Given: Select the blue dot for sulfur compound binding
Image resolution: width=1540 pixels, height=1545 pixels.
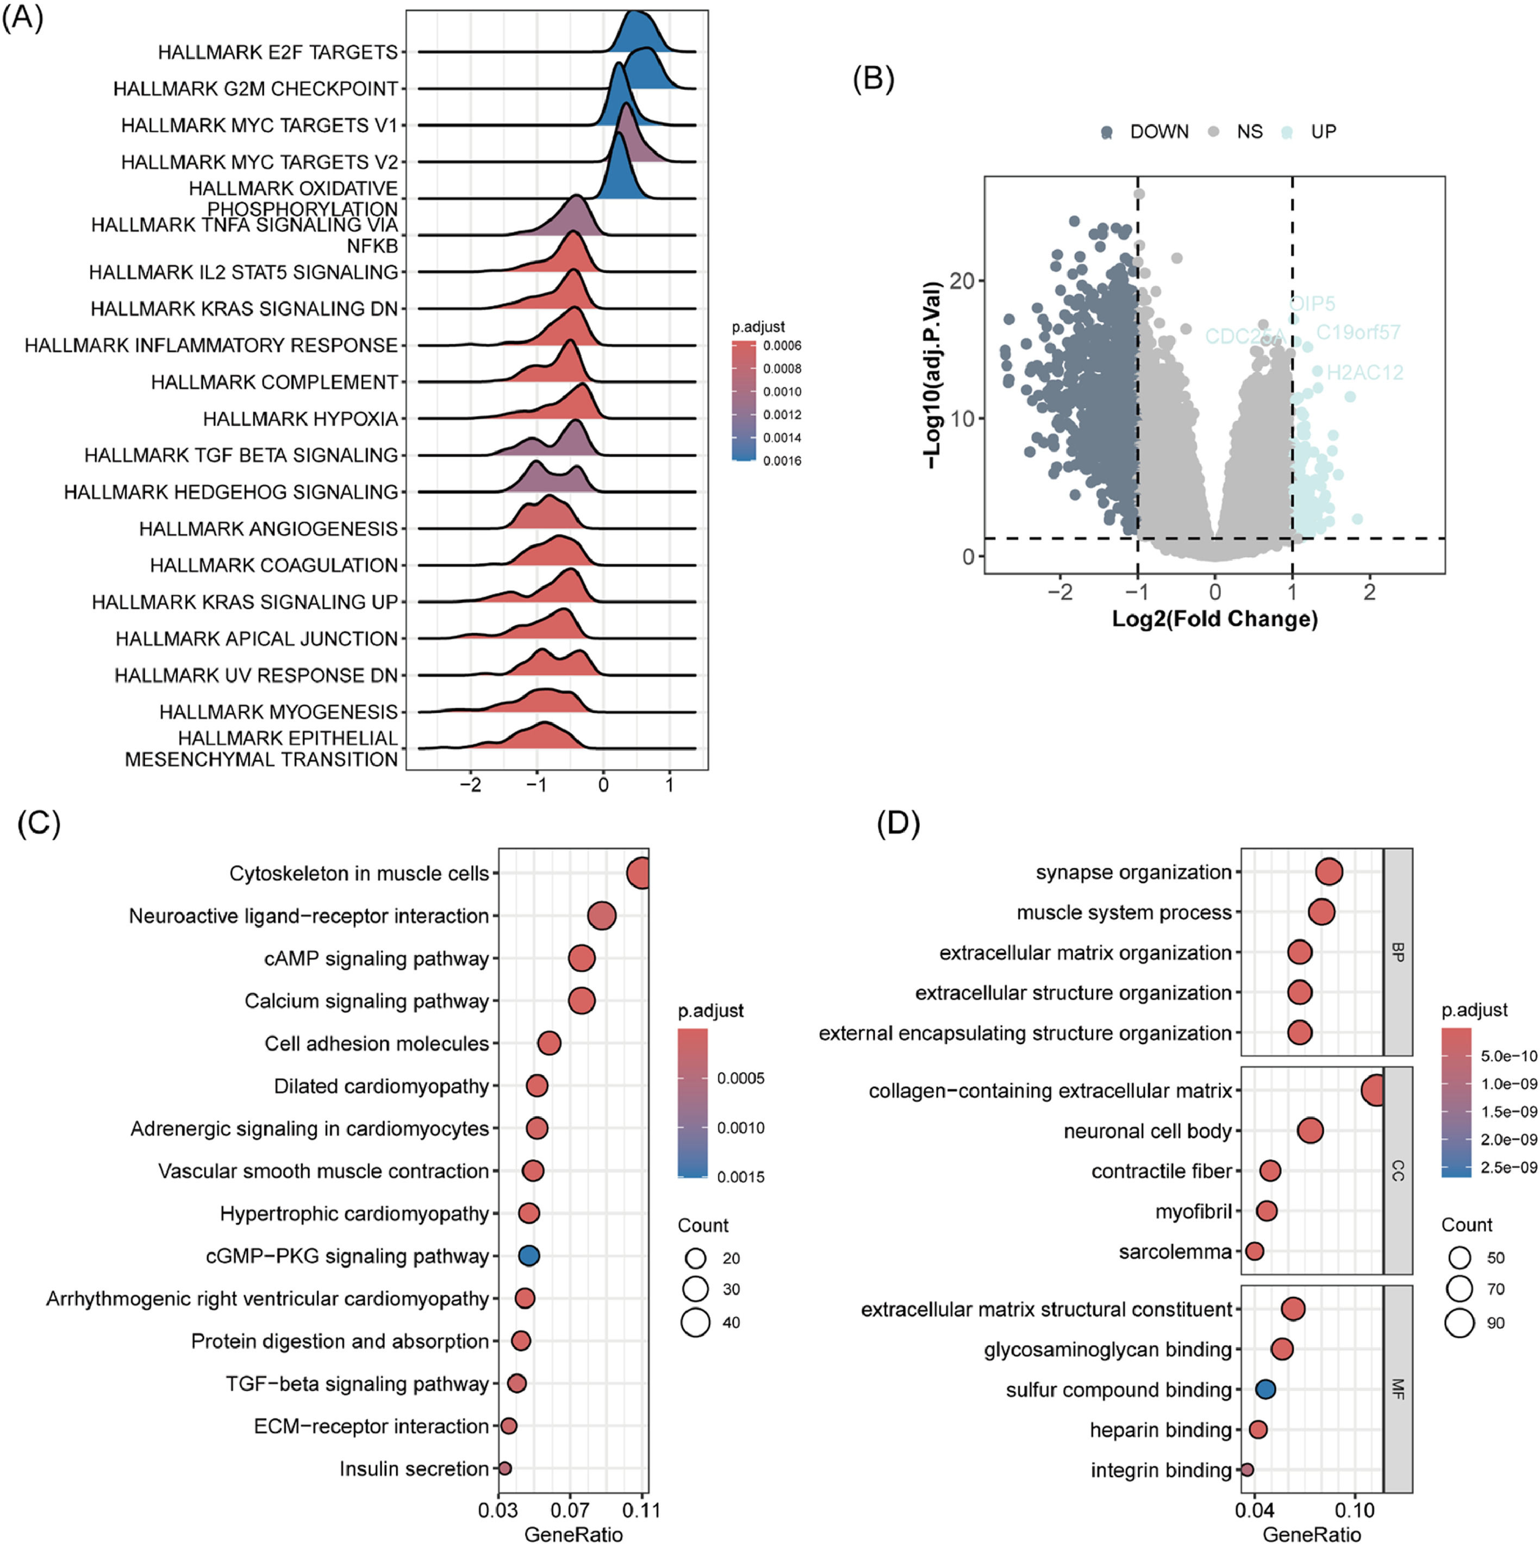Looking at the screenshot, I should pyautogui.click(x=1264, y=1389).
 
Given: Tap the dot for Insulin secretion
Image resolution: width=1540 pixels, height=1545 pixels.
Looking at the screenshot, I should pyautogui.click(x=504, y=1468).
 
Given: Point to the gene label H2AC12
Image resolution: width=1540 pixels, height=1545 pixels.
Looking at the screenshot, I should pyautogui.click(x=1364, y=372).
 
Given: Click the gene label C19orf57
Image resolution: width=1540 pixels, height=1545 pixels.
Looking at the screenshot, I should pyautogui.click(x=1358, y=332).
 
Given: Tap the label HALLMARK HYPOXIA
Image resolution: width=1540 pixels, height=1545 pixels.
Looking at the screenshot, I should pyautogui.click(x=300, y=419).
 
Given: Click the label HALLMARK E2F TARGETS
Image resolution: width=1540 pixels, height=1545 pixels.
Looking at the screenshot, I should pyautogui.click(x=277, y=53).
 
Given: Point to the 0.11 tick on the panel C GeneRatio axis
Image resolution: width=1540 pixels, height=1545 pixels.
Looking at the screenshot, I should pyautogui.click(x=641, y=1510).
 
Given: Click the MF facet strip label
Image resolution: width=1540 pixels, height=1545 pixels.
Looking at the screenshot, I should pyautogui.click(x=1397, y=1388).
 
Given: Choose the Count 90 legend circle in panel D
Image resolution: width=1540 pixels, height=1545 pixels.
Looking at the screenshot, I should pyautogui.click(x=1459, y=1323).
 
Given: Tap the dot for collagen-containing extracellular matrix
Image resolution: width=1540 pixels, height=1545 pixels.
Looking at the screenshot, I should pyautogui.click(x=1375, y=1090).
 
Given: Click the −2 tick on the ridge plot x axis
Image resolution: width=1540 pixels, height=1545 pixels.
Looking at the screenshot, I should pyautogui.click(x=471, y=786).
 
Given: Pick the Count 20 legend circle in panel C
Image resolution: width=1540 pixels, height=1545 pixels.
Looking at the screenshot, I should pyautogui.click(x=696, y=1258).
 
